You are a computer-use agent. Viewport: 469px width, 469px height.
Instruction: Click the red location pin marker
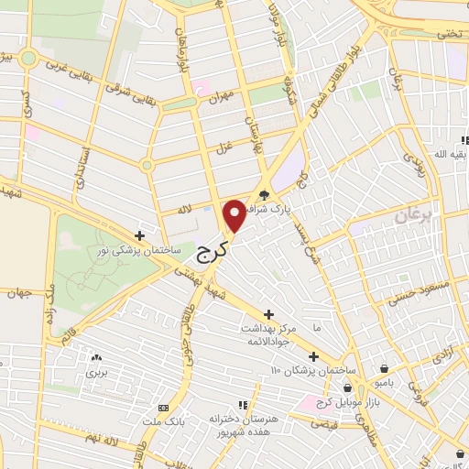tap(234, 214)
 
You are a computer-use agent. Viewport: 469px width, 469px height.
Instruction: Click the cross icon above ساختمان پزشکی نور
tap(138, 234)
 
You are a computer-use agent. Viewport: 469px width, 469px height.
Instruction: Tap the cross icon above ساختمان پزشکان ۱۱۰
tap(313, 355)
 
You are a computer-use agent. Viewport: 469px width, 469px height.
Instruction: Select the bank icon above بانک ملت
tap(164, 406)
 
